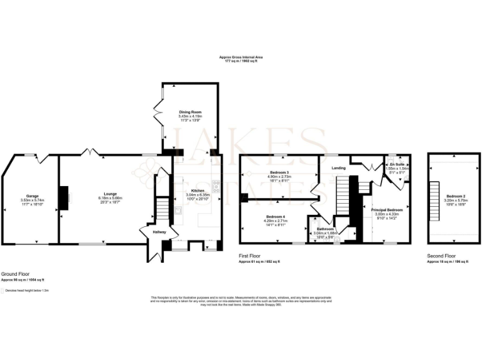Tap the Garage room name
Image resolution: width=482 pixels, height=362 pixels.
pyautogui.click(x=32, y=195)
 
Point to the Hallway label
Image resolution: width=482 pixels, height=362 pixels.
pyautogui.click(x=153, y=233)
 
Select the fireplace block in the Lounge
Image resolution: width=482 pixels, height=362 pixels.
pyautogui.click(x=64, y=197)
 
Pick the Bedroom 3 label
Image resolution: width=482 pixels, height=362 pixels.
pyautogui.click(x=279, y=172)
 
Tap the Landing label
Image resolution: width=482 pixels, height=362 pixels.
pyautogui.click(x=338, y=167)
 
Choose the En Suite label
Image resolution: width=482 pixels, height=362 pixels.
pyautogui.click(x=397, y=164)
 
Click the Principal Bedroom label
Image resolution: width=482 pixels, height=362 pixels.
pyautogui.click(x=388, y=209)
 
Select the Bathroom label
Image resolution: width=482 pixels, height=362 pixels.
pyautogui.click(x=325, y=229)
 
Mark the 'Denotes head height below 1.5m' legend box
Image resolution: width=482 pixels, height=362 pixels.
pyautogui.click(x=3, y=291)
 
